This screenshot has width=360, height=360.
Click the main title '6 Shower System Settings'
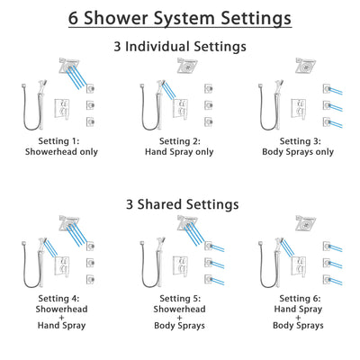[x=180, y=17]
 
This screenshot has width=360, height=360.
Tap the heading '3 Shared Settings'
[x=180, y=204]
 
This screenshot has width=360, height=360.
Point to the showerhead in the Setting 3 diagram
[x=304, y=65]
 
